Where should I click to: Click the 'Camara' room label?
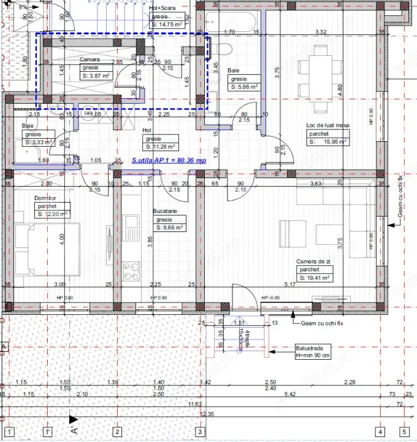coord(90,60)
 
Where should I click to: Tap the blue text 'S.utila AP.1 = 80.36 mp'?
coord(169,160)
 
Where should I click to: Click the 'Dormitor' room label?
coord(45,198)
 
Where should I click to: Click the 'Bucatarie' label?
coord(165,211)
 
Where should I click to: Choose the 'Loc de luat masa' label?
coord(327,125)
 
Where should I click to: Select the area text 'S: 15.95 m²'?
coord(327,141)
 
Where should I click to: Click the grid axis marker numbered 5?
coord(404,431)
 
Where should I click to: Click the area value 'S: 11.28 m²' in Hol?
coord(160,147)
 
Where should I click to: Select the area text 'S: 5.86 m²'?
coord(243,87)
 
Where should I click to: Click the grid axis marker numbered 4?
coord(380,431)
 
